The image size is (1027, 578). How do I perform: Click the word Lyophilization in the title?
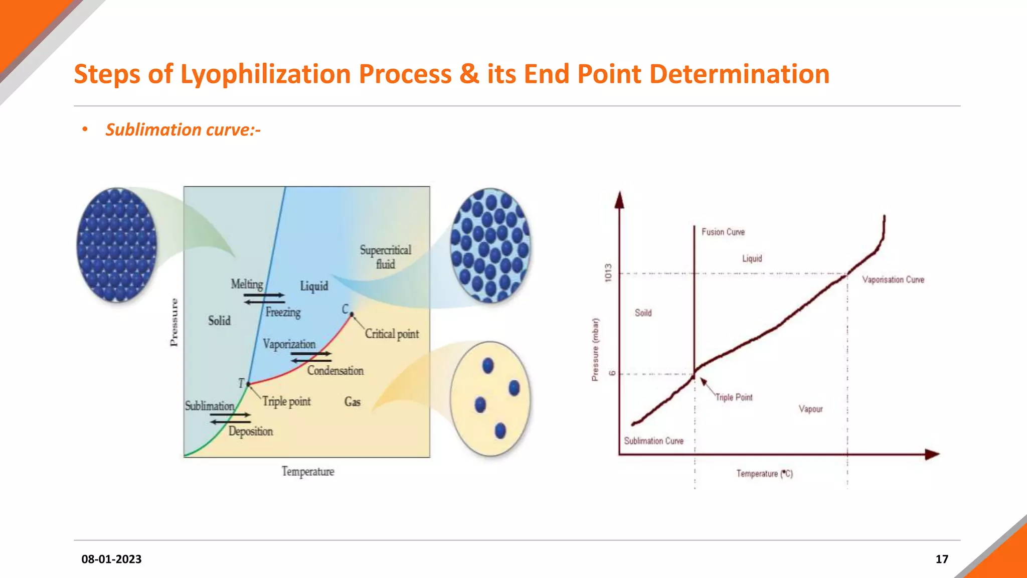(265, 74)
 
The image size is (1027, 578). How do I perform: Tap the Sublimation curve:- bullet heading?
(183, 130)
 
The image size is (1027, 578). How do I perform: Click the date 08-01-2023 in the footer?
(111, 559)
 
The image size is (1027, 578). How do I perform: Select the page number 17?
(942, 559)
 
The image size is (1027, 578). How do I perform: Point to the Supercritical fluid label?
(385, 257)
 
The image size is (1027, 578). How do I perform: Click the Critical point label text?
(392, 334)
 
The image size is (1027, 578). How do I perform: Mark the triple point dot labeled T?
(248, 384)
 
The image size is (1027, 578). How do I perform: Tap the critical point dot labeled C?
(352, 314)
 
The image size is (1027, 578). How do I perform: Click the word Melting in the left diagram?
(247, 284)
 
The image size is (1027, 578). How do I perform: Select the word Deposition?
(251, 431)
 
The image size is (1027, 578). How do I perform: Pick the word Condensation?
(335, 370)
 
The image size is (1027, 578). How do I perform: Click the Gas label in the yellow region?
(352, 401)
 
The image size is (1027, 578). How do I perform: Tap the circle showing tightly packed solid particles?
(117, 245)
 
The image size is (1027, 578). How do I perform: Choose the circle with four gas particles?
(490, 399)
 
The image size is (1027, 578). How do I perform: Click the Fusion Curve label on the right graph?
(723, 232)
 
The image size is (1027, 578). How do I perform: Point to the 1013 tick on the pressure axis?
(608, 272)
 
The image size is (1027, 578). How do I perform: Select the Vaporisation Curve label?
(893, 279)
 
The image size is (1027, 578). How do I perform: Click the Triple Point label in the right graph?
(734, 397)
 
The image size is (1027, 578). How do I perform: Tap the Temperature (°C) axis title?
(764, 473)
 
